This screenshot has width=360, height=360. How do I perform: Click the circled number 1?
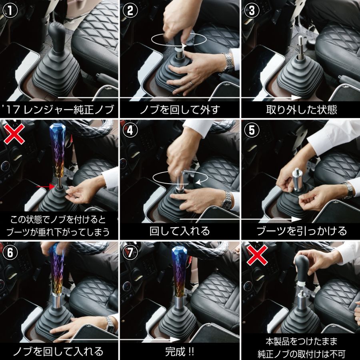click(x=10, y=11)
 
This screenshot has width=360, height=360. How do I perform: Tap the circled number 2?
click(x=130, y=11)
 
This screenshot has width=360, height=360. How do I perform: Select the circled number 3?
click(x=252, y=11)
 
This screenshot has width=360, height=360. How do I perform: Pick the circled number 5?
click(x=252, y=130)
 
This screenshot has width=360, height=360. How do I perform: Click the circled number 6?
click(x=10, y=252)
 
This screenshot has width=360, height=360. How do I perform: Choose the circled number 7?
click(x=130, y=252)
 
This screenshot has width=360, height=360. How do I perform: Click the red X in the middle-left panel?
click(x=14, y=134)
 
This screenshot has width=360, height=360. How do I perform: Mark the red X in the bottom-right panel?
click(x=257, y=255)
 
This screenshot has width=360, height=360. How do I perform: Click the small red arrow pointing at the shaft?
click(x=46, y=187)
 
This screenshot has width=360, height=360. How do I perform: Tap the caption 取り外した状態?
click(x=302, y=110)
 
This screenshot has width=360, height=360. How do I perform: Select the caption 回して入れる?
click(x=180, y=231)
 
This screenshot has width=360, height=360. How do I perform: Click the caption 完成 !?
click(x=180, y=352)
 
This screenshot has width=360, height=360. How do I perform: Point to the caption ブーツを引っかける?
click(x=302, y=231)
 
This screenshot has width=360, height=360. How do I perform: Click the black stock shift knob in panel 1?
click(x=56, y=32)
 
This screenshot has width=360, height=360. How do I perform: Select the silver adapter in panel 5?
click(x=298, y=180)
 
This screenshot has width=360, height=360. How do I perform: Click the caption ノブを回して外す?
click(x=180, y=110)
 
